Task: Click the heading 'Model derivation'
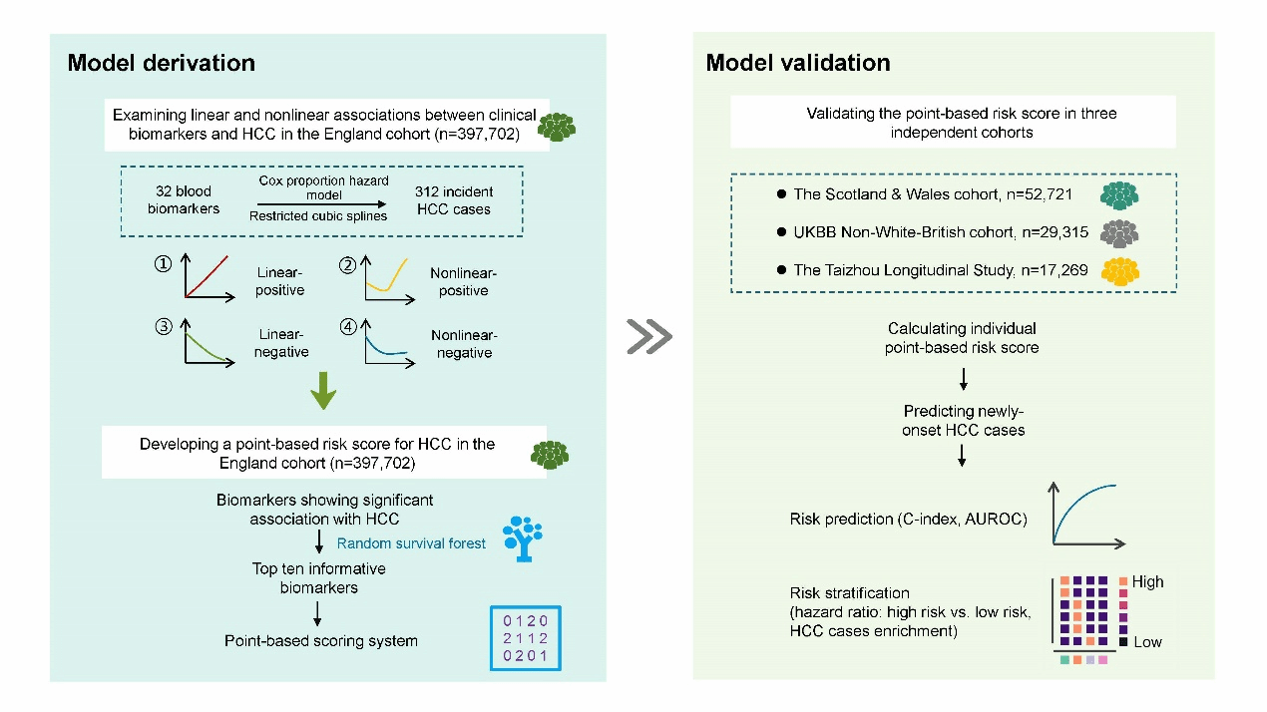coord(161,63)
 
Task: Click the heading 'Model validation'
coord(797,63)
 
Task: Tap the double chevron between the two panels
coord(648,337)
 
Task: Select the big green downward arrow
coord(323,390)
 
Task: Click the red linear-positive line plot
coord(209,279)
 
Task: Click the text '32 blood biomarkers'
coord(184,199)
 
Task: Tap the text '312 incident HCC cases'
coord(454,199)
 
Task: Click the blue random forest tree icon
coord(522,537)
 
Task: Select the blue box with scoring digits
coord(525,638)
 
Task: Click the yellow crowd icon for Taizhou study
coord(1119,271)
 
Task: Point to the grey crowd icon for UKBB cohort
coord(1119,232)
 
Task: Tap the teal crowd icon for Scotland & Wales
coord(1119,193)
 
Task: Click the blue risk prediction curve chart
coord(1087,515)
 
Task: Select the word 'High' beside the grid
coord(1147,582)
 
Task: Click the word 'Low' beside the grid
coord(1147,642)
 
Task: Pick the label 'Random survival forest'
coord(411,543)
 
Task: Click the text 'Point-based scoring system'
coord(321,640)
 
